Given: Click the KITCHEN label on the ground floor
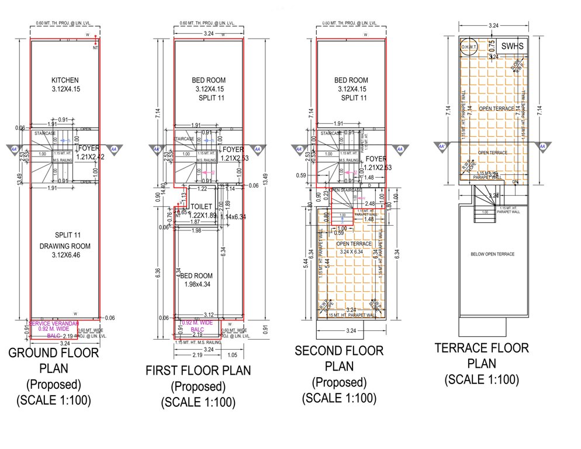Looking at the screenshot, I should pyautogui.click(x=64, y=80).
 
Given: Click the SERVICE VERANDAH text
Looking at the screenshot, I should pyautogui.click(x=54, y=323).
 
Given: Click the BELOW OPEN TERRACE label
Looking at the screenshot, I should pyautogui.click(x=492, y=254).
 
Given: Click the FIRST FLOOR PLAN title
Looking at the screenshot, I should pyautogui.click(x=198, y=371).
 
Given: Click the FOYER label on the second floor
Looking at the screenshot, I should pyautogui.click(x=378, y=158).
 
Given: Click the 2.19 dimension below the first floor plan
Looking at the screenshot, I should pyautogui.click(x=197, y=355).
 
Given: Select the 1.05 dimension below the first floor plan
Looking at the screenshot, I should pyautogui.click(x=231, y=355).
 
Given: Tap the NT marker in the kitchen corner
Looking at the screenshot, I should pyautogui.click(x=95, y=49).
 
